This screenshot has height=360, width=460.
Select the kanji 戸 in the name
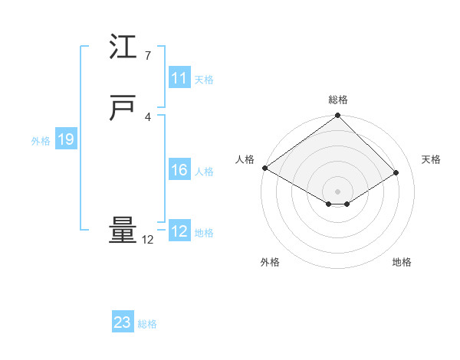pyautogui.click(x=123, y=109)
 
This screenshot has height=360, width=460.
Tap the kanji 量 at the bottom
pyautogui.click(x=123, y=231)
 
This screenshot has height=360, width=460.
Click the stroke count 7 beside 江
pyautogui.click(x=147, y=55)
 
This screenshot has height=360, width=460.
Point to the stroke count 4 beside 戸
pyautogui.click(x=147, y=116)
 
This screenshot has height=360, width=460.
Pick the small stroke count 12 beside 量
pyautogui.click(x=147, y=240)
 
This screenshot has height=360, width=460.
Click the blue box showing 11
pyautogui.click(x=179, y=78)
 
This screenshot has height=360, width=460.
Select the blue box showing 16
pyautogui.click(x=179, y=170)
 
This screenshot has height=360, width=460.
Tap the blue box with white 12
pyautogui.click(x=179, y=231)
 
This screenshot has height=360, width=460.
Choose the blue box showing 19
pyautogui.click(x=66, y=139)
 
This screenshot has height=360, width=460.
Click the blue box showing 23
pyautogui.click(x=123, y=322)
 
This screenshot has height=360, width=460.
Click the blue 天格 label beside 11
pyautogui.click(x=204, y=80)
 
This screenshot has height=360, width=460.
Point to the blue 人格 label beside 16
pyautogui.click(x=204, y=172)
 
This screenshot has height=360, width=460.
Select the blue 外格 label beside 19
pyautogui.click(x=41, y=141)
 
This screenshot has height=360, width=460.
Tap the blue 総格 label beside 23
pyautogui.click(x=148, y=324)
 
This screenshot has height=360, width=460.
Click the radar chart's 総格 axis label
pyautogui.click(x=338, y=100)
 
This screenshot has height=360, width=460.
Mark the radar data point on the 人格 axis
pyautogui.click(x=264, y=168)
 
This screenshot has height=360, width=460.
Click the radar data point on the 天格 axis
pyautogui.click(x=396, y=172)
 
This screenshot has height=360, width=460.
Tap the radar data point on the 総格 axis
pyautogui.click(x=338, y=116)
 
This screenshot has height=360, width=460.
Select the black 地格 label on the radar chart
pyautogui.click(x=402, y=262)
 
